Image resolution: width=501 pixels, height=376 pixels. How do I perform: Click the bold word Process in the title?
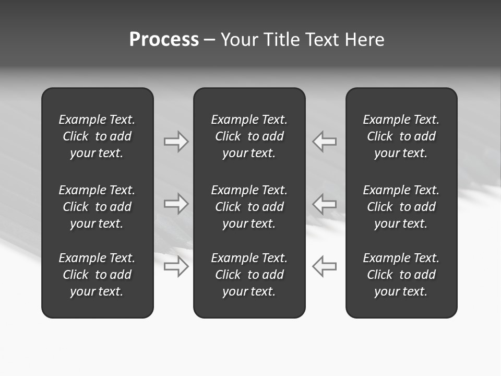164,40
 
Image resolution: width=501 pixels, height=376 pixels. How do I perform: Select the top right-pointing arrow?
176,142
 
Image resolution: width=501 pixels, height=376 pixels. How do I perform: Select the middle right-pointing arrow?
176,204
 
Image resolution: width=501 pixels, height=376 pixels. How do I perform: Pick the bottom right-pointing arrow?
176,266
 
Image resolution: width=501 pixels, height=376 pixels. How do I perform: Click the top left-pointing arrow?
324,142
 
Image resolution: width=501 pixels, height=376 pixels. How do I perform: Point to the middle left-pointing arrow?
324,204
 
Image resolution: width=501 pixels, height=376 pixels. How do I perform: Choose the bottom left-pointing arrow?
324,266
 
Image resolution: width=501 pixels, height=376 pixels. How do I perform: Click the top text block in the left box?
97,136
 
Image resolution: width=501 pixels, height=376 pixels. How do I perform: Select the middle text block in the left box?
97,207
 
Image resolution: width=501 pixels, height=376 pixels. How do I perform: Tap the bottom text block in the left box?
97,275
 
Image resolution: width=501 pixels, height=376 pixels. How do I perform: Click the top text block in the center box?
249,136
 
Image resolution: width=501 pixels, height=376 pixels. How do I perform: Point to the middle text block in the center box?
249,207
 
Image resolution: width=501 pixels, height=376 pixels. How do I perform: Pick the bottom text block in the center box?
249,275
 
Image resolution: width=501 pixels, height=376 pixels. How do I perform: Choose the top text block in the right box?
401,136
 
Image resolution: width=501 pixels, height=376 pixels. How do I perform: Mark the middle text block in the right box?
401,207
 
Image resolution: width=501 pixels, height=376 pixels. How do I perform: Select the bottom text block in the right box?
401,275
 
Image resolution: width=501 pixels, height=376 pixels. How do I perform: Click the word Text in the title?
322,40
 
